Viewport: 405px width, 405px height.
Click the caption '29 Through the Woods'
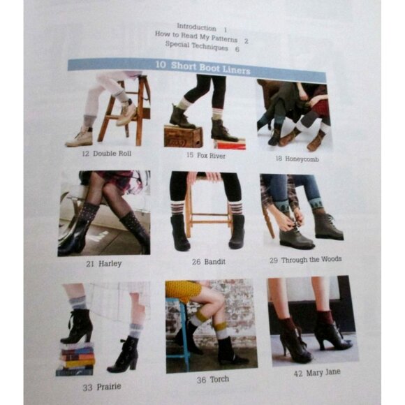(304, 260)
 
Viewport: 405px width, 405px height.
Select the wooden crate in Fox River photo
(183, 136)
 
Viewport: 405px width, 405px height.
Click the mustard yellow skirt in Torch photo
(184, 289)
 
